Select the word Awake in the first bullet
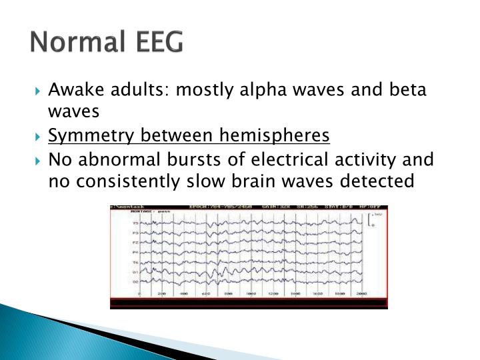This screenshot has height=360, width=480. tap(73, 91)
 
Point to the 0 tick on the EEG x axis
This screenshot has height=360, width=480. tap(139, 293)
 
